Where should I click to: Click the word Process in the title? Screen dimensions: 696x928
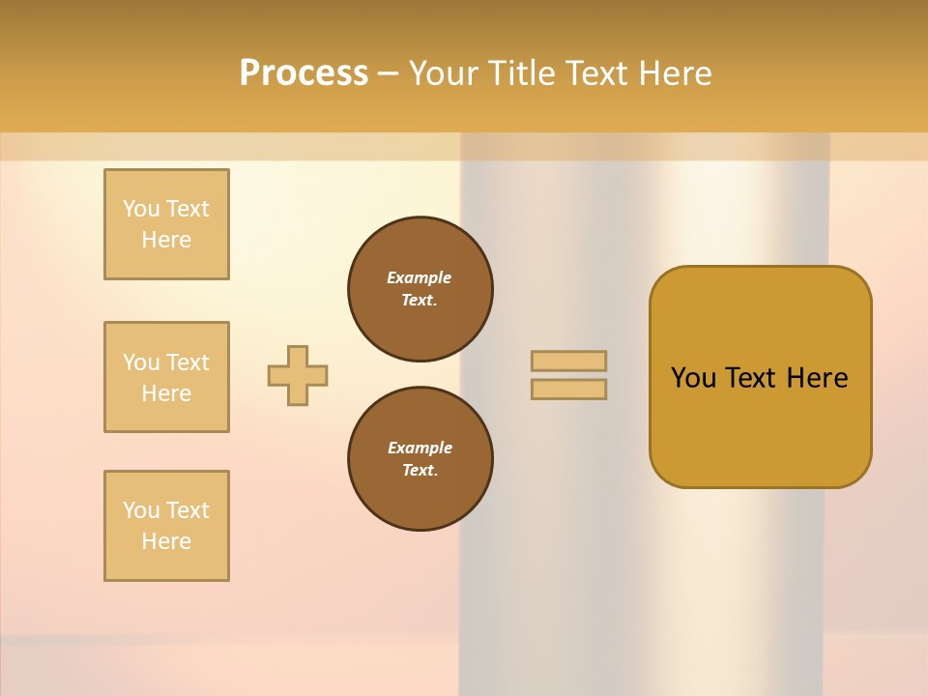click(304, 73)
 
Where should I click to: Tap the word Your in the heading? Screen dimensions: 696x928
click(446, 73)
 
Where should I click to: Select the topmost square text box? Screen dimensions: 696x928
click(166, 224)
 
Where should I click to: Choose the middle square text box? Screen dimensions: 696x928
click(166, 377)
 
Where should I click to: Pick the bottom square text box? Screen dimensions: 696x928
click(166, 526)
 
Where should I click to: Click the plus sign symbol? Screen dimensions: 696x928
click(298, 375)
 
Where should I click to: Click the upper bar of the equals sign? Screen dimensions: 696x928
click(568, 361)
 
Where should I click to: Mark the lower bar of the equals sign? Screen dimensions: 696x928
click(568, 389)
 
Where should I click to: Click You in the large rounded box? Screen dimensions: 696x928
click(693, 378)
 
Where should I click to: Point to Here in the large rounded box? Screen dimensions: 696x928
click(817, 378)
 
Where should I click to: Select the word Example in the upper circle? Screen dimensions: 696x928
click(420, 277)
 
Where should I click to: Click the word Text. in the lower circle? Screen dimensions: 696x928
click(420, 471)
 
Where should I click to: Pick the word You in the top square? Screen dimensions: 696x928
click(141, 209)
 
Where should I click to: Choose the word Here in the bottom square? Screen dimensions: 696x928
click(166, 541)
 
